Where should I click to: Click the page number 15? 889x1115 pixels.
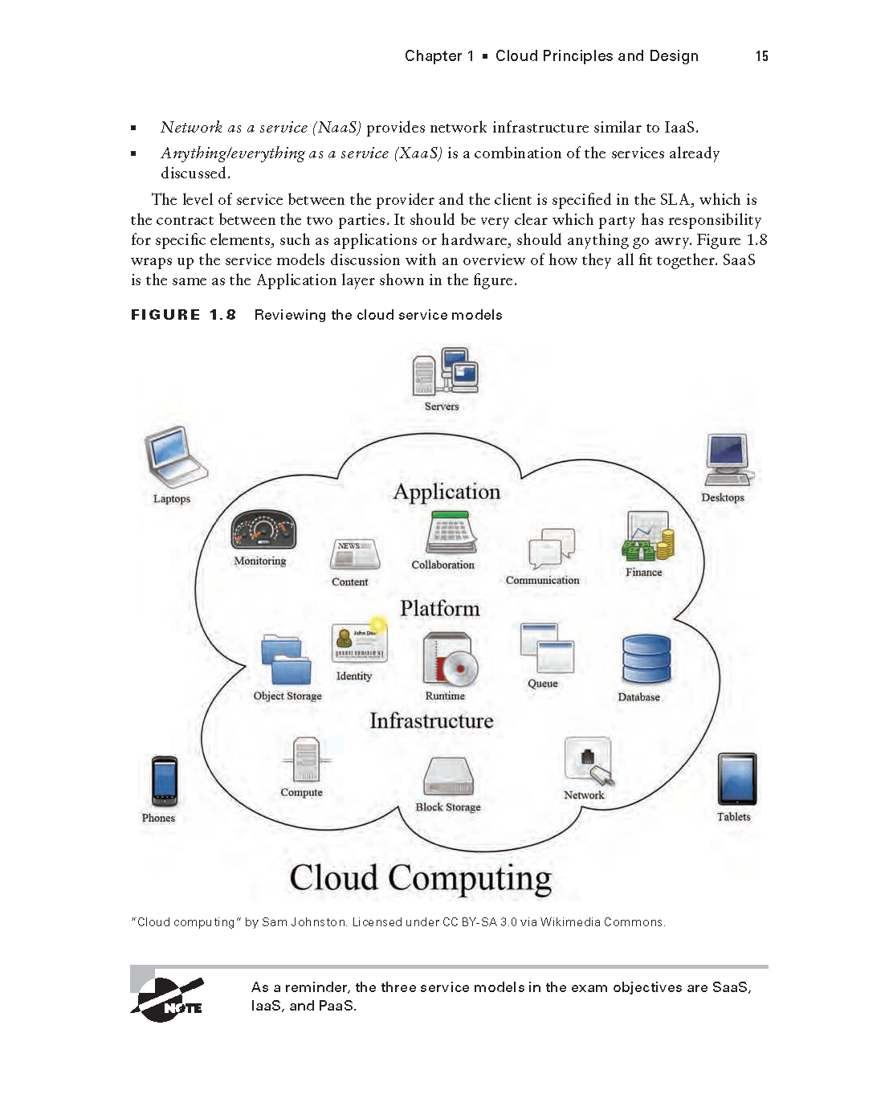click(761, 56)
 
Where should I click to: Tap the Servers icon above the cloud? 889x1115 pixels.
click(445, 371)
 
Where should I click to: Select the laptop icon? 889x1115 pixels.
click(174, 456)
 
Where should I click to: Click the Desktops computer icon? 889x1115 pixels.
click(728, 459)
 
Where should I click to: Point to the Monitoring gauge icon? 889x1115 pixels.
click(263, 529)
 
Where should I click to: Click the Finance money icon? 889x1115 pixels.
click(647, 537)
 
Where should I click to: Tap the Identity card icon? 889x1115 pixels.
click(359, 642)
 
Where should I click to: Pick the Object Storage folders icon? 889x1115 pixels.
click(287, 660)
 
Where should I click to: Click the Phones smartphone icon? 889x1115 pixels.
click(164, 781)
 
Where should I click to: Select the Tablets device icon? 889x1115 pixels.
click(736, 778)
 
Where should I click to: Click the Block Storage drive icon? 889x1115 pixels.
click(448, 776)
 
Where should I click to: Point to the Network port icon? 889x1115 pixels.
click(589, 761)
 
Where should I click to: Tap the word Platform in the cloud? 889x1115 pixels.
click(440, 609)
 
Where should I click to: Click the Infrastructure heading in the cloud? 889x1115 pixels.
click(431, 721)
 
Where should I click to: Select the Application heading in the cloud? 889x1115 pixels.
click(447, 492)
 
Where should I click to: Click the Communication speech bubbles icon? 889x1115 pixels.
click(552, 549)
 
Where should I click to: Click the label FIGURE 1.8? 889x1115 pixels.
click(183, 315)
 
